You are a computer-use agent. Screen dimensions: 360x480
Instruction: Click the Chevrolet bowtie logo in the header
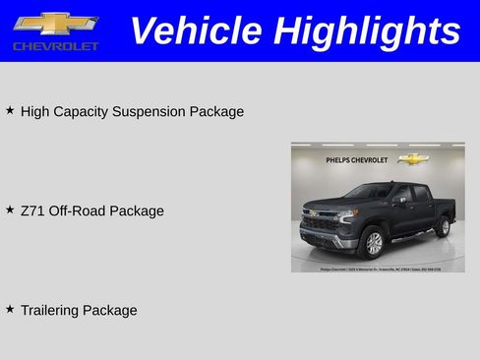click(x=55, y=25)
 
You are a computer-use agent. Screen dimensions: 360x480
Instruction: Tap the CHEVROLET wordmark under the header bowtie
click(x=56, y=47)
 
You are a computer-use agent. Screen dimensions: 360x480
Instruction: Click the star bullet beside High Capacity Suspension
click(x=10, y=110)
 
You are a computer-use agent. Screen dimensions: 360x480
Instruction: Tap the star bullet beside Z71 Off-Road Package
click(x=10, y=210)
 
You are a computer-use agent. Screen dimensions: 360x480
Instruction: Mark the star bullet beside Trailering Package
click(x=10, y=309)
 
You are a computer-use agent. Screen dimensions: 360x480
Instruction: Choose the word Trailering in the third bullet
click(x=49, y=311)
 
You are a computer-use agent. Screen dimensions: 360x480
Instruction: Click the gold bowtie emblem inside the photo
click(x=414, y=158)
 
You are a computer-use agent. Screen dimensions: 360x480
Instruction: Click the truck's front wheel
click(x=373, y=243)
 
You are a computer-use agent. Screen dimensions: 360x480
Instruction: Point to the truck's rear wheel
click(x=443, y=227)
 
